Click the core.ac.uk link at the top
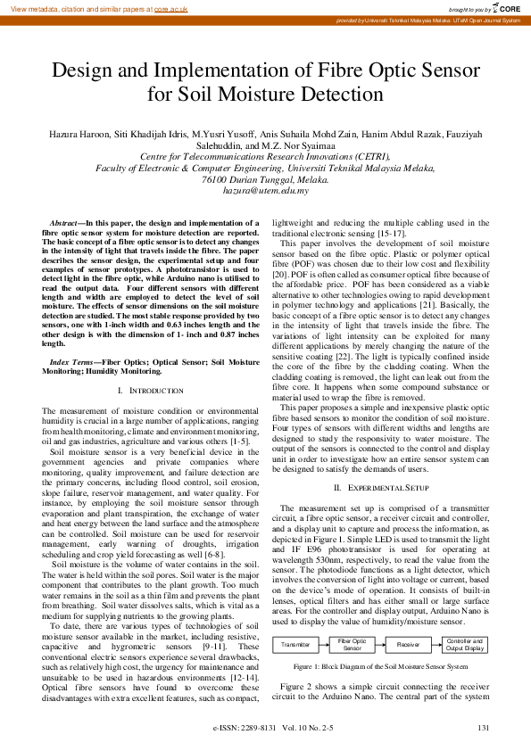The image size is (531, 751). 170,8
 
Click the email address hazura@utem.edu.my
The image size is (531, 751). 266,190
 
